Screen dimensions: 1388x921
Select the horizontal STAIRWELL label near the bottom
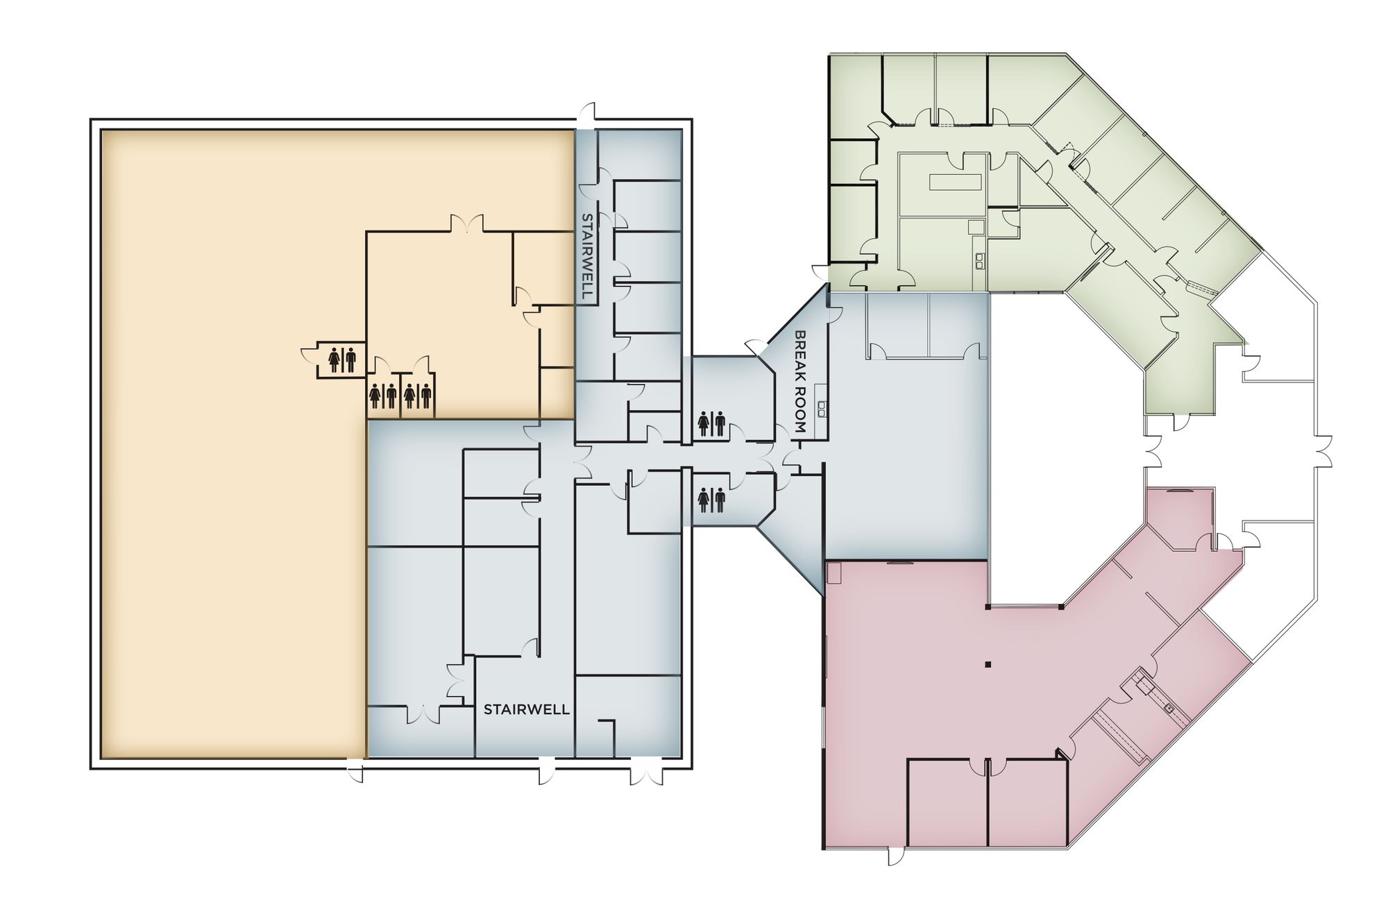pos(526,709)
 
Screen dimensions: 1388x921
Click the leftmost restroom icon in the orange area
pos(342,360)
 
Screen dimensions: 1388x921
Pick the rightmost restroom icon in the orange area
pos(418,396)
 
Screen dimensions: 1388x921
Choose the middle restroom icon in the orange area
pos(383,396)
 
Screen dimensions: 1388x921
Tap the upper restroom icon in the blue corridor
pos(711,423)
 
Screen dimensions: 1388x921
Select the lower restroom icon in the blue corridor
pos(711,500)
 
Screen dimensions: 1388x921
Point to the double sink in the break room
pos(822,409)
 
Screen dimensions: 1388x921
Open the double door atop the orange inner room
pos(467,224)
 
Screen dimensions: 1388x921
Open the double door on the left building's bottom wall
pos(646,772)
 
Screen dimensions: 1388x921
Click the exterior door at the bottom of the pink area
pos(896,856)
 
